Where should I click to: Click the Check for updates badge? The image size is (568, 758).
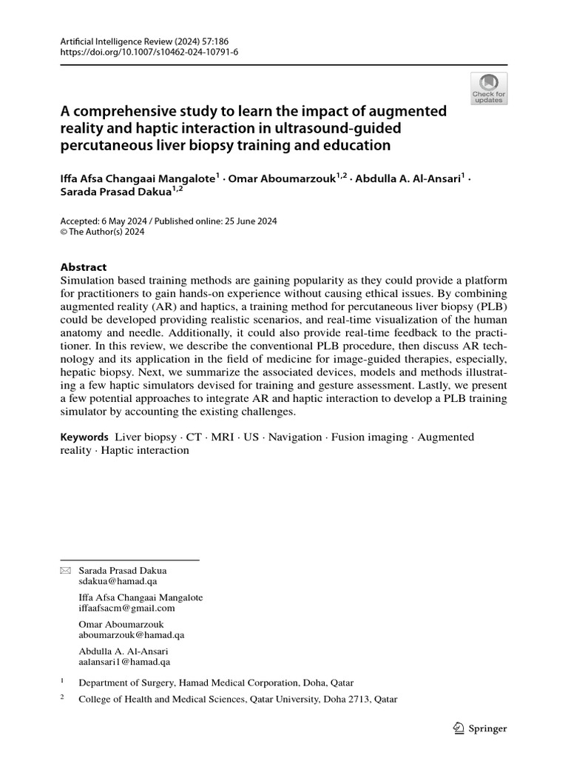pos(489,89)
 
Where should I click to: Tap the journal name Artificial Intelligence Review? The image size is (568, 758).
pos(112,41)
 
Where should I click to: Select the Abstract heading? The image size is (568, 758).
pos(83,267)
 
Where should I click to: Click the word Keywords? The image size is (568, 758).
pos(84,437)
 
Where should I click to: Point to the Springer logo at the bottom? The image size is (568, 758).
pos(479,728)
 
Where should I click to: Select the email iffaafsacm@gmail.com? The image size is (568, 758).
pos(126,608)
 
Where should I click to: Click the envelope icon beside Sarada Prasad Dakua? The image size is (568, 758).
pos(65,571)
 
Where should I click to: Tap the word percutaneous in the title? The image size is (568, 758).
pos(106,145)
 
